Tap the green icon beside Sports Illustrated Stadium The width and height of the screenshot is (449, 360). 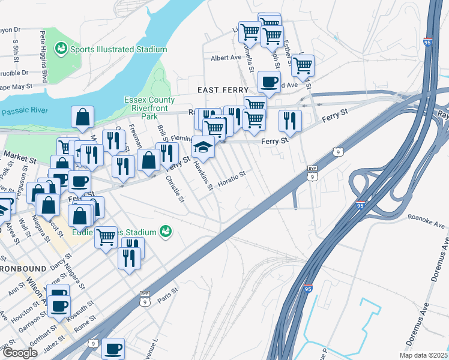61,48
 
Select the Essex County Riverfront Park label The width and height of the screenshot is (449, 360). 149,104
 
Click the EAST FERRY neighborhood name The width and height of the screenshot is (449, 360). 220,89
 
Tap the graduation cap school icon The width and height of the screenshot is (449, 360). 203,147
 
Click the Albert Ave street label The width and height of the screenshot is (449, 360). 225,58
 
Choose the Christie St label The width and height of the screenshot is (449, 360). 175,190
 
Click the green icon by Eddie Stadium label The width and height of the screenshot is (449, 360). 164,232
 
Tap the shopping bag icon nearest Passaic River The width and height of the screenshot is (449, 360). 83,118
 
